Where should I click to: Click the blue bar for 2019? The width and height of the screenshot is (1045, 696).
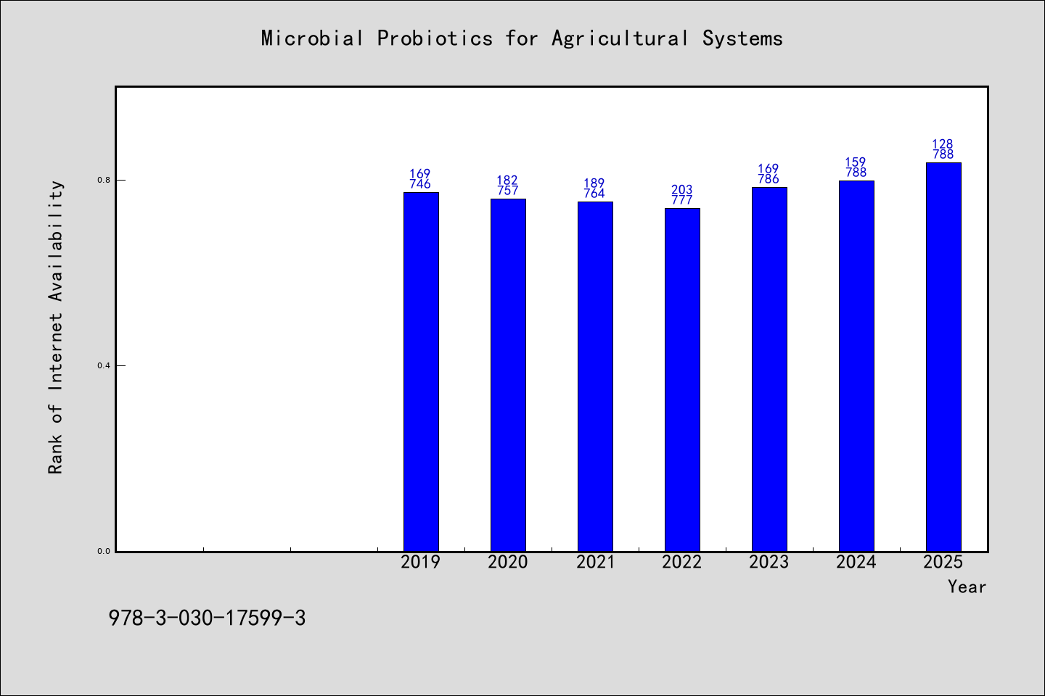tap(421, 371)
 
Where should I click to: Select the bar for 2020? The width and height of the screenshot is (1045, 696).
tap(508, 375)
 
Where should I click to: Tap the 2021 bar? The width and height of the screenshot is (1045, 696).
tap(595, 376)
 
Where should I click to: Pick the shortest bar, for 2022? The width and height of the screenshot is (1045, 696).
tap(682, 379)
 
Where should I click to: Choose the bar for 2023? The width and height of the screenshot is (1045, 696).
tap(769, 369)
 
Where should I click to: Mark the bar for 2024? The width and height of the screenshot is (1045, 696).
tap(856, 366)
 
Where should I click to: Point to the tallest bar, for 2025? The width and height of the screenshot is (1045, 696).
tap(943, 357)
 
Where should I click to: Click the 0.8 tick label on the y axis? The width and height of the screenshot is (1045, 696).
tap(104, 180)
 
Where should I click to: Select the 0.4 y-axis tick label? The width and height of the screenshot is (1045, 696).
tap(104, 365)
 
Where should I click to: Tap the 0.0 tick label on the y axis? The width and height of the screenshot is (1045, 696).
tap(104, 551)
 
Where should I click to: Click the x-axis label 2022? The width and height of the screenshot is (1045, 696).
tap(682, 562)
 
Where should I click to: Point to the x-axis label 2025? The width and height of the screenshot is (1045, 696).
tap(943, 562)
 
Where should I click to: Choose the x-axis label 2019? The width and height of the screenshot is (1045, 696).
tap(421, 562)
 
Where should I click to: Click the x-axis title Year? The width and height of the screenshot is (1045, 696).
tap(967, 587)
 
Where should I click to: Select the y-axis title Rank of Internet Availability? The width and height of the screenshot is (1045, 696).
tap(55, 327)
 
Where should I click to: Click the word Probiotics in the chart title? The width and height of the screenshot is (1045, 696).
tap(435, 38)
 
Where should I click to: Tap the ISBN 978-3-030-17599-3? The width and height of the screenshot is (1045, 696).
tap(207, 618)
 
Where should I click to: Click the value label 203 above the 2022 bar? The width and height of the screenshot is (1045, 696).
tap(682, 190)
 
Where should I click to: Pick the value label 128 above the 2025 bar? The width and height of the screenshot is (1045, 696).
tap(943, 144)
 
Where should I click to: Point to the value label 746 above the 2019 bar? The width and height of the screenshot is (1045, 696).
tap(420, 184)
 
